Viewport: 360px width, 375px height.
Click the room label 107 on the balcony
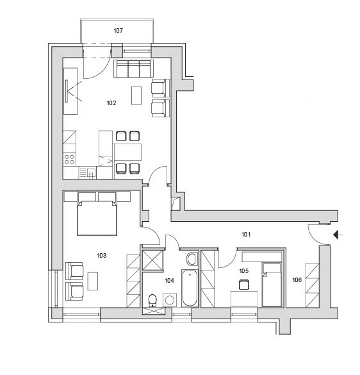tap(118, 31)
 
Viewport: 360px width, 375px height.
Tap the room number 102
tap(111, 103)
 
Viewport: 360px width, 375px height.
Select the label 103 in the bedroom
tap(102, 256)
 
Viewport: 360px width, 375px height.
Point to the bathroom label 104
tap(169, 281)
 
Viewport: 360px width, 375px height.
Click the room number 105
tap(244, 271)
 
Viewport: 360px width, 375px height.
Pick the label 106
tap(297, 280)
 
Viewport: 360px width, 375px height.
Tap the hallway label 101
tap(246, 235)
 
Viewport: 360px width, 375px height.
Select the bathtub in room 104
tap(190, 288)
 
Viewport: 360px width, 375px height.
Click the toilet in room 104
tap(152, 301)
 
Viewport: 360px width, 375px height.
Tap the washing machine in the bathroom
tap(170, 300)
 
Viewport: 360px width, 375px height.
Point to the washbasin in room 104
tap(192, 259)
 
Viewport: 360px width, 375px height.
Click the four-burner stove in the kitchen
tap(70, 160)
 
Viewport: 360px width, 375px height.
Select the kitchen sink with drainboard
tap(88, 172)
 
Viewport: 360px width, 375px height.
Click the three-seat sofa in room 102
tap(133, 69)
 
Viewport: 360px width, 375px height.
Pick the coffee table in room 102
tap(136, 96)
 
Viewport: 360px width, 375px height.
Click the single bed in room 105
tap(272, 285)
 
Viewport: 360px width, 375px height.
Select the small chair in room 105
tap(244, 285)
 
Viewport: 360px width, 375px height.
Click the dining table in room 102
tap(127, 152)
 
